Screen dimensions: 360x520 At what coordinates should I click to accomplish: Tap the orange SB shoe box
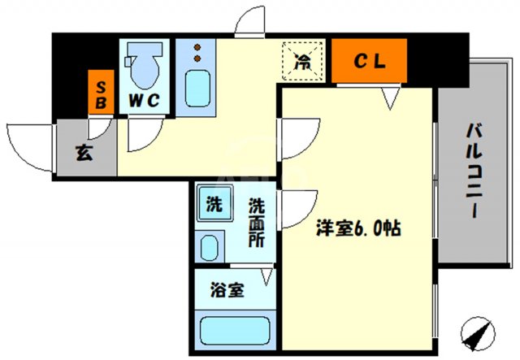tap(102, 93)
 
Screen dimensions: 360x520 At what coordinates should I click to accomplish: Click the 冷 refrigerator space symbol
tap(302, 59)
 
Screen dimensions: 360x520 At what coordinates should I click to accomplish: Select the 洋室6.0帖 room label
tap(358, 229)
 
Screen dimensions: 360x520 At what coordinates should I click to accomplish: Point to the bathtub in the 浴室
tap(233, 332)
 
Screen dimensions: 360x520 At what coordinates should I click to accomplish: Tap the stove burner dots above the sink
tap(196, 54)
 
